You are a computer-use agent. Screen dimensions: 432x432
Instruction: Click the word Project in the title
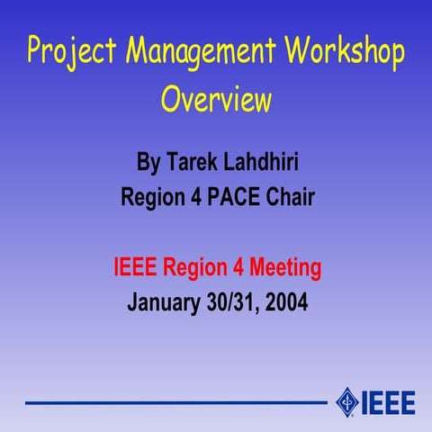[72, 53]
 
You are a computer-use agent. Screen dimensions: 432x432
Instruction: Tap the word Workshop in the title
[346, 51]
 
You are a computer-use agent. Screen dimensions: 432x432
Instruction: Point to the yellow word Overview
[216, 98]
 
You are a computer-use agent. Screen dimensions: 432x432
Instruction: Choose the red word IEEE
[136, 267]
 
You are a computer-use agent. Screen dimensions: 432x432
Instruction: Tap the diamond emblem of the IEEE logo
[346, 400]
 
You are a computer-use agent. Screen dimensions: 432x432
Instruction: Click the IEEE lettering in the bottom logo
[388, 401]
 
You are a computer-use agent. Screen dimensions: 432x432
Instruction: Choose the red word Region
[195, 267]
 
